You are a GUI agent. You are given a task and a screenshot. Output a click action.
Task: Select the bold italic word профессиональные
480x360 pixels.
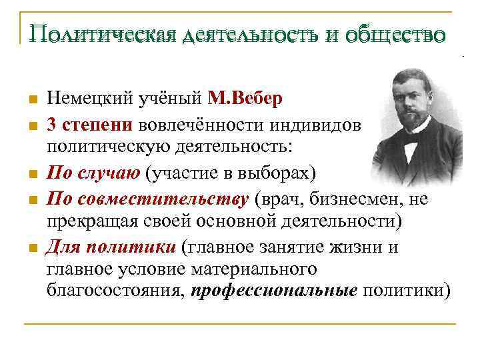[x=274, y=291]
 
